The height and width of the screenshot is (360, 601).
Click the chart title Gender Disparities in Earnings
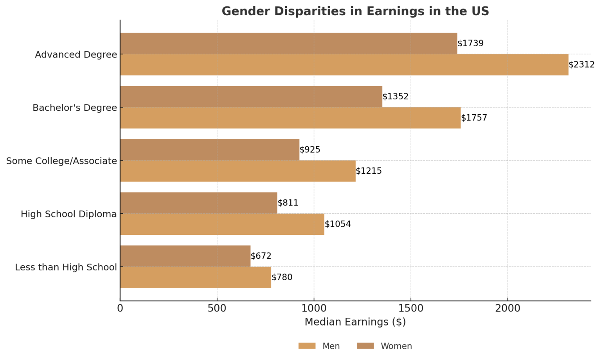coord(355,11)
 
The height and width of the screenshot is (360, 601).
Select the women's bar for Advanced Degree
coord(288,43)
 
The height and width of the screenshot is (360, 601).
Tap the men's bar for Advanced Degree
coord(344,65)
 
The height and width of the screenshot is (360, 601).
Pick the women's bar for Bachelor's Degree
coord(251,97)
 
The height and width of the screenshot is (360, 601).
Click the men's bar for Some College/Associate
coord(238,171)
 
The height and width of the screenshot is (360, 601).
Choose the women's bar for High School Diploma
coord(198,203)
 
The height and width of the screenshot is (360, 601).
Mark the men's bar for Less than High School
coord(195,277)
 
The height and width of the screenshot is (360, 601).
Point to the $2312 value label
coord(581,65)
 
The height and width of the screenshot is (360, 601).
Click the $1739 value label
coord(470,43)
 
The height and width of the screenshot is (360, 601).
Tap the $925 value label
coord(310,150)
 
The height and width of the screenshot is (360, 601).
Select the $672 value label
coord(261,256)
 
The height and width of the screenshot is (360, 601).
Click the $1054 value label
coord(338,224)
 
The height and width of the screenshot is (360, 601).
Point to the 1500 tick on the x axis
coord(410,308)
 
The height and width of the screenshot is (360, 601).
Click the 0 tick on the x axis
coord(120,308)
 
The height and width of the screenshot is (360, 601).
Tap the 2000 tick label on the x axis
coord(507,308)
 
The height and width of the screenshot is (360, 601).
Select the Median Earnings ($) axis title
coord(355,322)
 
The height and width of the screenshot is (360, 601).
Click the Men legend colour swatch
coord(307,346)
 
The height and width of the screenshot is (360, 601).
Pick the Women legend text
coord(396,346)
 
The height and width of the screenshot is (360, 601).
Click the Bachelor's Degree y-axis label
coord(75,108)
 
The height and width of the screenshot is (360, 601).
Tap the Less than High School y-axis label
coord(66,267)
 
